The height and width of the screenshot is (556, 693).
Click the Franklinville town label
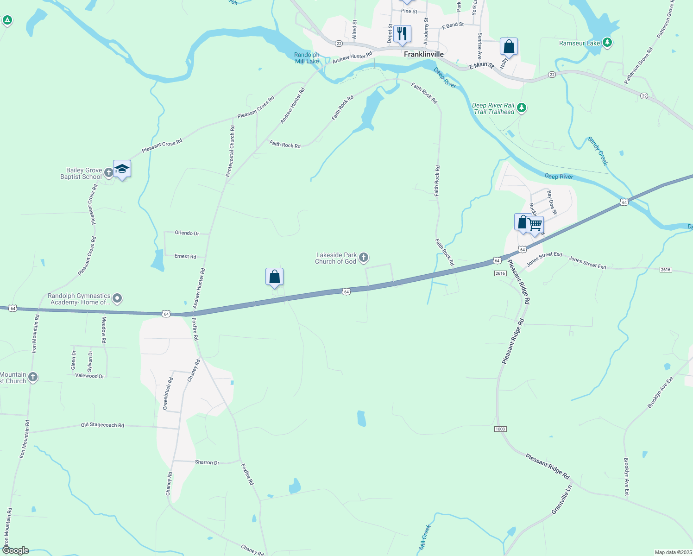point(423,54)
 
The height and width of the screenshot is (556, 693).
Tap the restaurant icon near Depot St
point(402,33)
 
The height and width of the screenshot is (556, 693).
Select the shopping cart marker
point(535,225)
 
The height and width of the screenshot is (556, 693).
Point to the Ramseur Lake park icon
point(607,43)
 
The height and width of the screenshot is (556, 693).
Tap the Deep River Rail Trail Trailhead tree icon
point(522,108)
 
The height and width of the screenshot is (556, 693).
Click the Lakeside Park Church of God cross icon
point(364,258)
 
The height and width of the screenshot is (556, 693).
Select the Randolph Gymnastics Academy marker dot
point(117,299)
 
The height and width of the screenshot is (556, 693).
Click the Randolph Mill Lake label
point(307,58)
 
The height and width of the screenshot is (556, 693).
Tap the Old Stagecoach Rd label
point(102,425)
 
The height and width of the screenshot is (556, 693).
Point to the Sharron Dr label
point(207,462)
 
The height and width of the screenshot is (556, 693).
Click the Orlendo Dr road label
point(187,233)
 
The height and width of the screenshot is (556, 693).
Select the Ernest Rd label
point(185,256)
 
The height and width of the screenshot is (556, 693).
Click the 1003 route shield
point(500,429)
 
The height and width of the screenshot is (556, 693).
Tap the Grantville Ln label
point(562,499)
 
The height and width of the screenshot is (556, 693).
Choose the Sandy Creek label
point(598,151)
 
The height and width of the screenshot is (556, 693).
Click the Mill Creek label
point(425,537)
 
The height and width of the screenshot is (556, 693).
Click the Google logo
point(15,550)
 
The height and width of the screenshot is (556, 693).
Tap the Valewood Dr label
point(90,376)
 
